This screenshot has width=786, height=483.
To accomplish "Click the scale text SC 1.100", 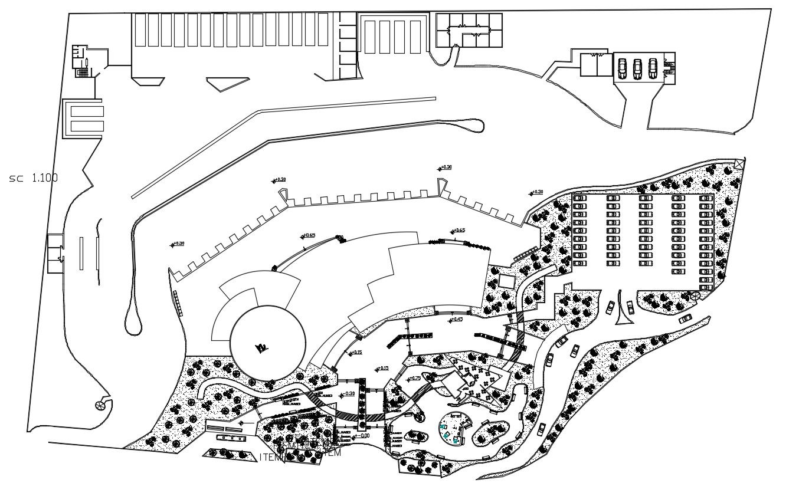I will click(34, 178).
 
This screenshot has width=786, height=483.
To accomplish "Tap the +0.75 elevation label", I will click(415, 379).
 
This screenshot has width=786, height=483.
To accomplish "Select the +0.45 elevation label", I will click(456, 320).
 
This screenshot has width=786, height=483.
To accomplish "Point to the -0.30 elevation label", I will click(348, 393).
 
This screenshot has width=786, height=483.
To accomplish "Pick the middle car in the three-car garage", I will click(637, 68).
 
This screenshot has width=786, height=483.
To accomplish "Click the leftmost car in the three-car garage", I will click(622, 68).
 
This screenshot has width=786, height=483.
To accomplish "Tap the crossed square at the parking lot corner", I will click(739, 163).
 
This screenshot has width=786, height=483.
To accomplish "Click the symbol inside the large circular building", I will click(260, 348).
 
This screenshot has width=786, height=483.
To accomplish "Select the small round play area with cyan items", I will click(455, 428).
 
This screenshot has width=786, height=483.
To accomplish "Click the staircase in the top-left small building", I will click(83, 72).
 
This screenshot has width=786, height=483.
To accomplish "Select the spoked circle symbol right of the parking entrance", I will click(695, 295).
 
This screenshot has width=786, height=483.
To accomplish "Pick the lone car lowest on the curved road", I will click(542, 429).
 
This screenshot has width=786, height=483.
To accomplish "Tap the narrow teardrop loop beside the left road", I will click(132, 321).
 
